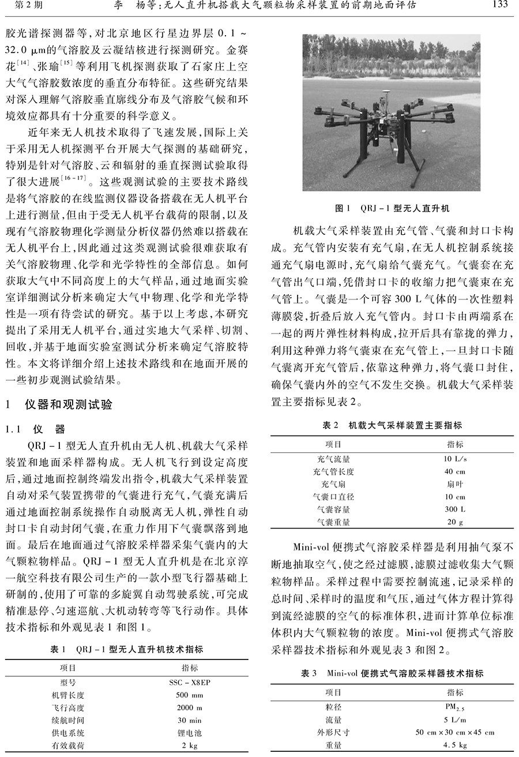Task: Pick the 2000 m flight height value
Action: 190,707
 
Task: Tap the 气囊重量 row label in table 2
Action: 333,522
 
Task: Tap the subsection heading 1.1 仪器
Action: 36,429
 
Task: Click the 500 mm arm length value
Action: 190,695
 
